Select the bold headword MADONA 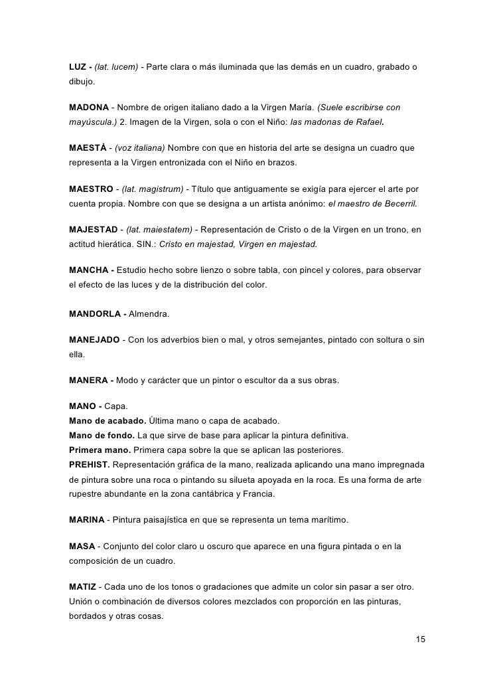[89, 107]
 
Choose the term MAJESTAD [93, 229]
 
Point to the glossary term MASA [82, 547]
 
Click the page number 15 [420, 639]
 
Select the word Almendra [149, 313]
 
